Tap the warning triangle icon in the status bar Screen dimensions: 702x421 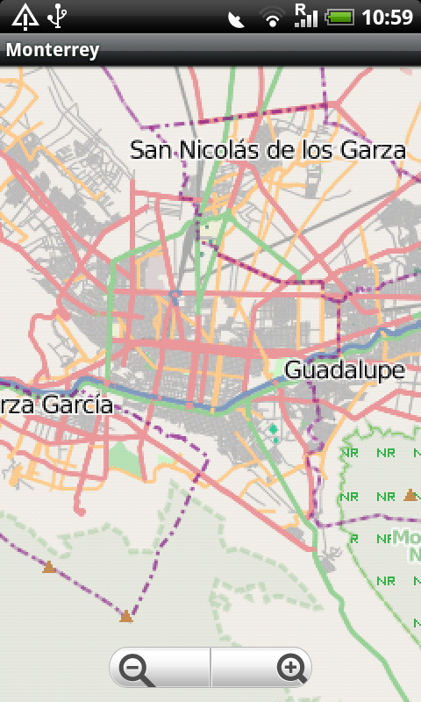25,16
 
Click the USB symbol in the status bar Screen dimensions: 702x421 59,16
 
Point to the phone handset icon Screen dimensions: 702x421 236,18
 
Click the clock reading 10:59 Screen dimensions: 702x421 387,17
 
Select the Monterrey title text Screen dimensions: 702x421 52,50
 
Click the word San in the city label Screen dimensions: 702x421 152,150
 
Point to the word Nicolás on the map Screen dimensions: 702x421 220,150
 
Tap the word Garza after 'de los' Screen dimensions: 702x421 376,150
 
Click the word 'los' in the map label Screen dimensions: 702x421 319,150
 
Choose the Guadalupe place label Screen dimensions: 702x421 345,370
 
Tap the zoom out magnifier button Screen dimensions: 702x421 137,670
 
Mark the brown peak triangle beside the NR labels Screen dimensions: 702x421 410,496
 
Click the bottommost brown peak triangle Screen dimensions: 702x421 126,617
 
